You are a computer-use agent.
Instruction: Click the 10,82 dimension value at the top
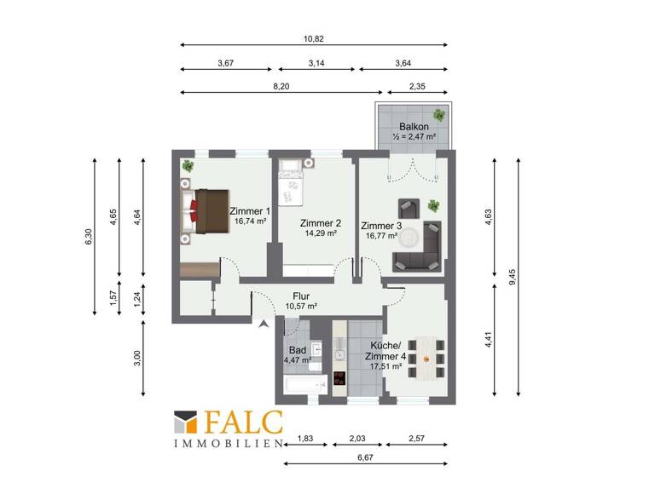tap(314, 37)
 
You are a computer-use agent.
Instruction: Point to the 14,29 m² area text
tap(319, 233)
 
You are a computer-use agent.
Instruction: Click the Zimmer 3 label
tap(381, 226)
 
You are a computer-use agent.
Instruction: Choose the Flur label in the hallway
tap(300, 296)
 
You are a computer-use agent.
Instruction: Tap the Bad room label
tap(297, 350)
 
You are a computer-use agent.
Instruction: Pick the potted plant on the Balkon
tap(439, 115)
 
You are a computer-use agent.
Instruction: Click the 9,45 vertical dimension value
tap(513, 279)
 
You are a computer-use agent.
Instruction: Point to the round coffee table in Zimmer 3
tap(411, 237)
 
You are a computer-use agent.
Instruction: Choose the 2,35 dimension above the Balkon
tap(417, 85)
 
